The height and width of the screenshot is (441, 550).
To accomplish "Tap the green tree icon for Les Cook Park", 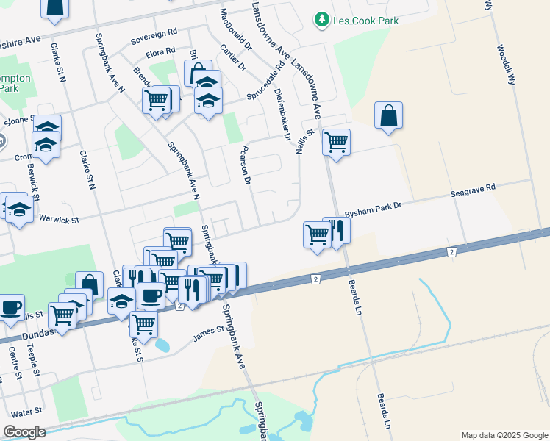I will point(321,20).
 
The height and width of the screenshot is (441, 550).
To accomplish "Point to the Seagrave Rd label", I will point(473,192).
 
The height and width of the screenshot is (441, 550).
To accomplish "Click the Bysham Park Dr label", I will point(374,207).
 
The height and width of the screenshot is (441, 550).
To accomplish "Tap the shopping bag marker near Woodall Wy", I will point(388,116).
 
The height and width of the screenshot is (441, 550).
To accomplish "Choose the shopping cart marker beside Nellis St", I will point(336,143).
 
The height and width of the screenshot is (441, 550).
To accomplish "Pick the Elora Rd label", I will point(160,51).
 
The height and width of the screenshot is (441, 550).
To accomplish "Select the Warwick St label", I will point(59,218).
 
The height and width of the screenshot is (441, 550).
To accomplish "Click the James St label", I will point(208,334).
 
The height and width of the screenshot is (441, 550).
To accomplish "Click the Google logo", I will point(24,432).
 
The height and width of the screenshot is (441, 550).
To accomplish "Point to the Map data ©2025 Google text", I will point(504,434).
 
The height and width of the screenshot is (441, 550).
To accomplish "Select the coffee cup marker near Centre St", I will point(10,307).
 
